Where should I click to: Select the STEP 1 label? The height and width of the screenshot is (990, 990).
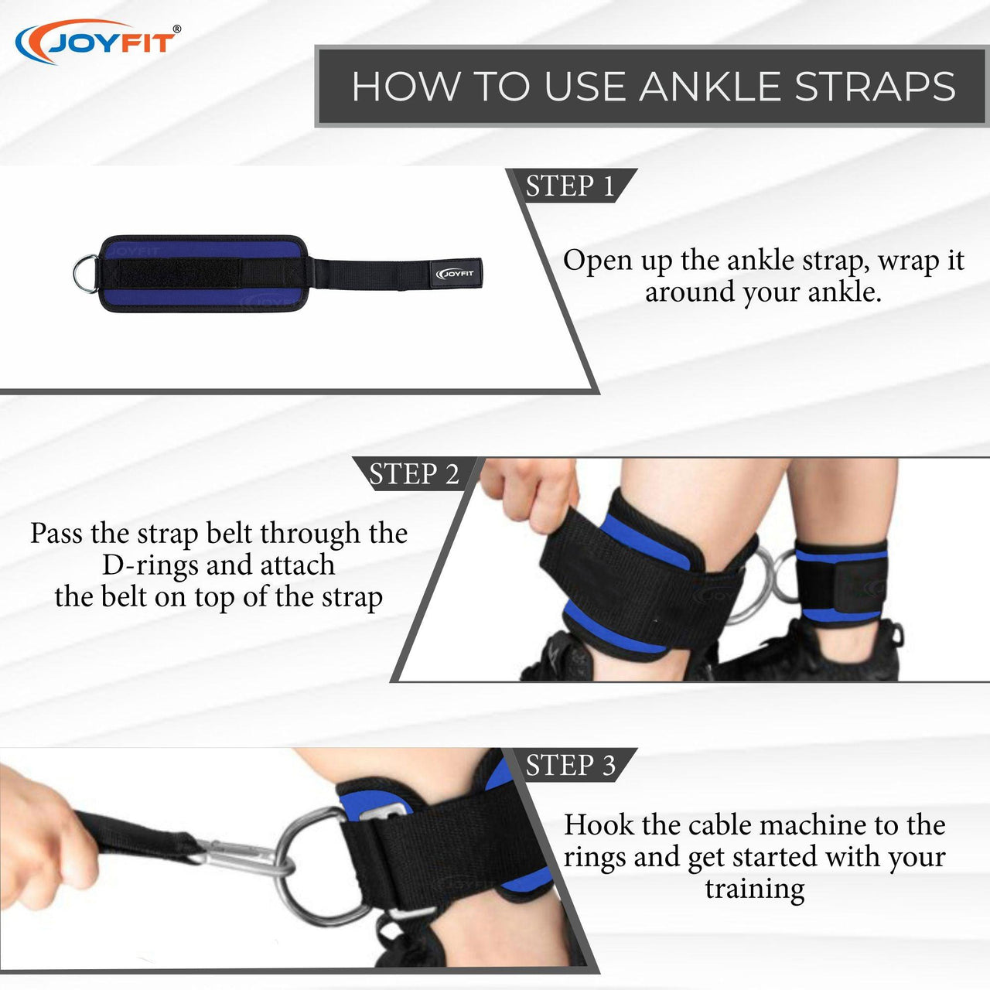[x=570, y=186]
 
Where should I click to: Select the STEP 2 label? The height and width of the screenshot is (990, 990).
[x=414, y=473]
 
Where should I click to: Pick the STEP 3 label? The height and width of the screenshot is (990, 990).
[x=570, y=765]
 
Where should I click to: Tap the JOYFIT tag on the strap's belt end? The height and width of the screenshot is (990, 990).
[x=454, y=274]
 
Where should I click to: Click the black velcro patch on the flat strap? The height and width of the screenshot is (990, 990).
[x=179, y=273]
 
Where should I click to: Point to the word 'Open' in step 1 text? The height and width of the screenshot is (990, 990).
[x=598, y=262]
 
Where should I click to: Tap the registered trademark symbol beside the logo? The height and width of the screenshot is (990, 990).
[x=177, y=29]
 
